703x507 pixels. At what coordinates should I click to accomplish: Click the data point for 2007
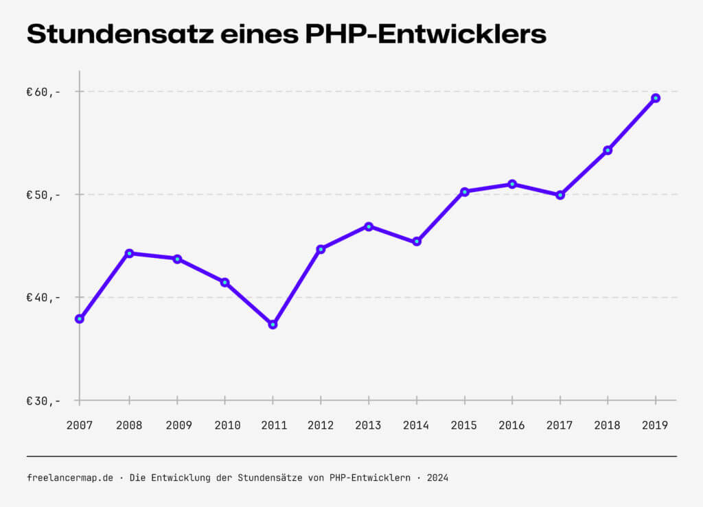click(80, 318)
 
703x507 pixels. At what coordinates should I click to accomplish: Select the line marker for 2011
click(273, 324)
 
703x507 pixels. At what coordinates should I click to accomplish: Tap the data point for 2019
click(656, 98)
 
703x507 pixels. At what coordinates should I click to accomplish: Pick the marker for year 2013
click(369, 226)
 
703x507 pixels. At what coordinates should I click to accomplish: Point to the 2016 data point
click(512, 184)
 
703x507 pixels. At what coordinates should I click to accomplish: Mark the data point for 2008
click(129, 253)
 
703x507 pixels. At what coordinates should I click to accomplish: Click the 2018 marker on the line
click(608, 150)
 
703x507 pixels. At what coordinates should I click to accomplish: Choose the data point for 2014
click(417, 241)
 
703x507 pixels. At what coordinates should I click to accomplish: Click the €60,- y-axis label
click(43, 91)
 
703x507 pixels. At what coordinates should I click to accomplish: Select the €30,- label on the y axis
click(43, 400)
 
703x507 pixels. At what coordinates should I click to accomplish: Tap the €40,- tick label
click(43, 297)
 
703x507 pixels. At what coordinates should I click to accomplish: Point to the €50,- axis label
click(43, 194)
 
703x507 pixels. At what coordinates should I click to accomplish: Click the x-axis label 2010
click(227, 425)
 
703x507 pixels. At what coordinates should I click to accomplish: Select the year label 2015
click(464, 425)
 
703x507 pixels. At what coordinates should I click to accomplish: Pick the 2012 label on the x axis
click(321, 425)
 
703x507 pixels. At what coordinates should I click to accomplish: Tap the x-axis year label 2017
click(560, 425)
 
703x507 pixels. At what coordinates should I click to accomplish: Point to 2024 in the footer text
click(437, 477)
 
